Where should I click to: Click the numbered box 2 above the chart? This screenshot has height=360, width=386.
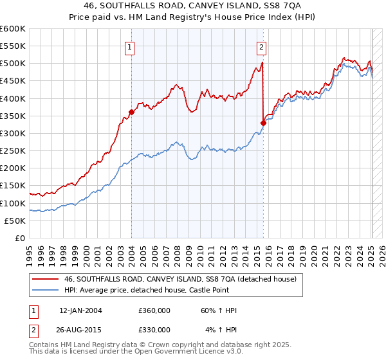click(x=262, y=46)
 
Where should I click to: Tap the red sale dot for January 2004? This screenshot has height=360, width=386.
click(x=131, y=112)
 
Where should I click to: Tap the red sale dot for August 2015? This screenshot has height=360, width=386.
click(x=263, y=122)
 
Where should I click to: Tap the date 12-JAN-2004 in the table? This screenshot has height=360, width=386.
click(x=80, y=310)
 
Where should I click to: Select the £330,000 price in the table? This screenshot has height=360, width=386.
click(x=154, y=329)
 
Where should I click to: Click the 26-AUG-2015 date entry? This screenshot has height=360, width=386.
click(x=80, y=329)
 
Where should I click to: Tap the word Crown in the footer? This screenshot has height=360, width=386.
click(x=133, y=345)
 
